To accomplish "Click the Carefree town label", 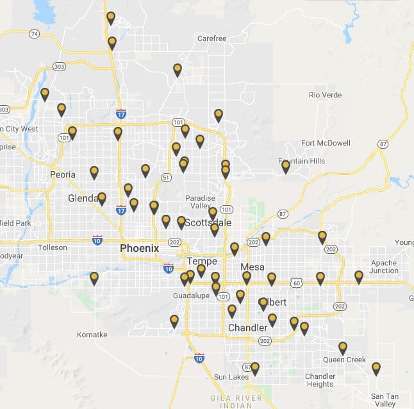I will point(211,38).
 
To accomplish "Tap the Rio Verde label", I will point(325,95).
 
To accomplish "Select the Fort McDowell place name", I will point(326,143).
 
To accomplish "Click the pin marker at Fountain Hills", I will point(286,166).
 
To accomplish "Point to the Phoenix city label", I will point(139,248).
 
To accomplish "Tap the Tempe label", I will point(202,262).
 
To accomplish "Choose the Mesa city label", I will point(252,267).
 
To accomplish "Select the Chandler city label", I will point(248,328).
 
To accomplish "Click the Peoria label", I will point(63,174).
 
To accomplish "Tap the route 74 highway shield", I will point(34,33).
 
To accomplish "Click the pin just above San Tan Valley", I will point(376,368).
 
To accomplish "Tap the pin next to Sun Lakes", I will point(255,368).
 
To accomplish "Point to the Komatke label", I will point(92,335).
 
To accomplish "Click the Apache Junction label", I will point(384,267).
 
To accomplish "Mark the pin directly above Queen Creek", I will point(343,347).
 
